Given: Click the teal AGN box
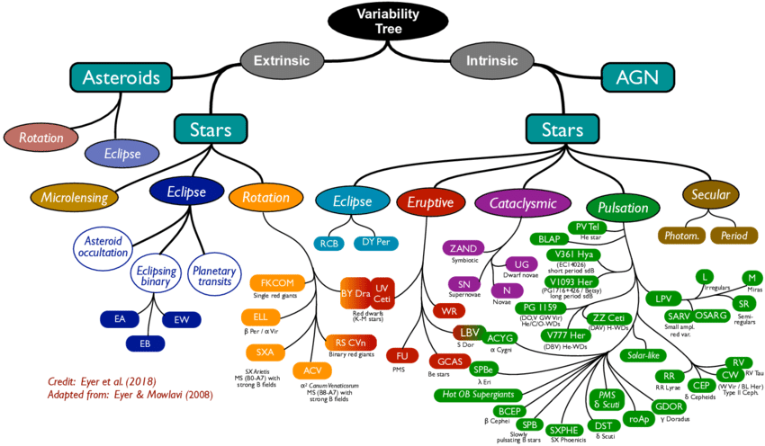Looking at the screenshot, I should [638, 78].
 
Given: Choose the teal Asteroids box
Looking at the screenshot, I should [121, 78].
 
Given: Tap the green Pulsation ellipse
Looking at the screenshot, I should [622, 208].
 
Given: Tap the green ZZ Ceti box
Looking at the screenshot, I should [609, 318].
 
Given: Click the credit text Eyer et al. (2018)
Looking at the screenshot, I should [100, 380].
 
